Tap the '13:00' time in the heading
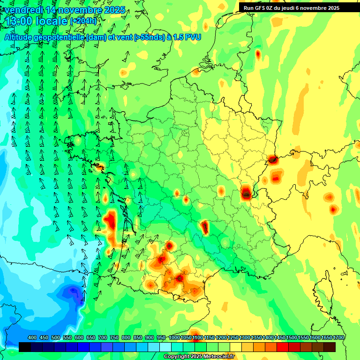click(x=19, y=21)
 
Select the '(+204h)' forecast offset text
click(x=83, y=21)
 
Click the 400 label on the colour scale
click(x=32, y=338)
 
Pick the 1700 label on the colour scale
click(x=338, y=338)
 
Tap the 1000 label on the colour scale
click(x=174, y=338)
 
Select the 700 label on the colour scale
click(x=103, y=338)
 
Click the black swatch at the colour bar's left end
click(x=25, y=347)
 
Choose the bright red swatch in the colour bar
click(x=283, y=347)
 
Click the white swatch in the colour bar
click(x=165, y=347)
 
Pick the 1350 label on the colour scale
click(x=256, y=338)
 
